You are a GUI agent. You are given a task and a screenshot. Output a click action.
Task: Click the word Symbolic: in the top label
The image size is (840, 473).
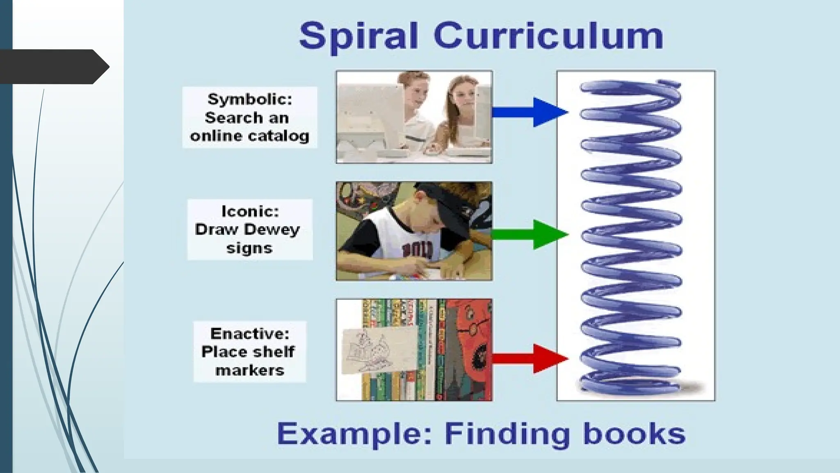[250, 99]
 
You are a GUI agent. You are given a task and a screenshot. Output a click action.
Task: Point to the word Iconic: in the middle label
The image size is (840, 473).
[250, 211]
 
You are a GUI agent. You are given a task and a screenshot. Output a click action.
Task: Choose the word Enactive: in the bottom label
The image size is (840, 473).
[250, 334]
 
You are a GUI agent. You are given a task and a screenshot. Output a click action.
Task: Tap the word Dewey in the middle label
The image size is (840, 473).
[272, 230]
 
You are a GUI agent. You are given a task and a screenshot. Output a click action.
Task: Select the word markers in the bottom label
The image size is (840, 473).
[250, 370]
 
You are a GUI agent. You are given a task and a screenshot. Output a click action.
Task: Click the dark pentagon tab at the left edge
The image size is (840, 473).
[53, 67]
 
